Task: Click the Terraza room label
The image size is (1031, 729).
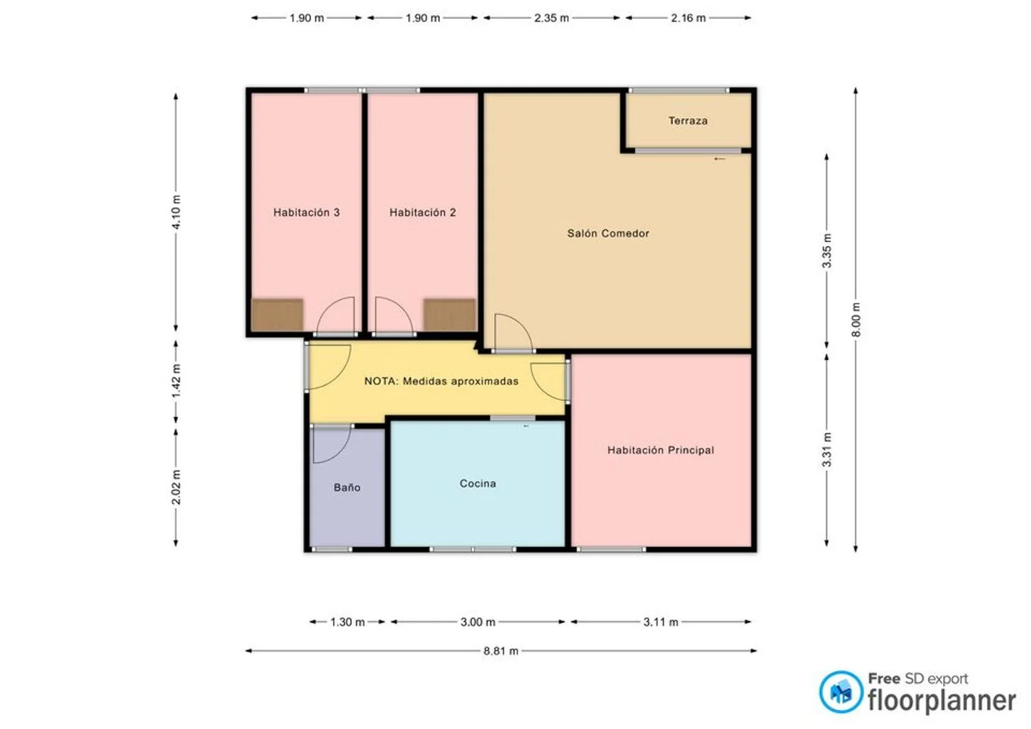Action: (x=687, y=120)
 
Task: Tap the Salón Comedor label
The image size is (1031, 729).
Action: (x=608, y=234)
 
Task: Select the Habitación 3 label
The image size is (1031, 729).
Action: (x=307, y=212)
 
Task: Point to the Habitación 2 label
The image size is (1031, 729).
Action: (x=423, y=212)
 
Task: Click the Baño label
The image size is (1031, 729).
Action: (x=347, y=487)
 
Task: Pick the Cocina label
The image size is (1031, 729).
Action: (x=478, y=483)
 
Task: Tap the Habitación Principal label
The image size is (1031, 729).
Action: (x=661, y=450)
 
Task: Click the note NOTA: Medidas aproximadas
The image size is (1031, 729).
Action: (x=441, y=381)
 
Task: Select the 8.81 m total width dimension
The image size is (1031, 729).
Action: (x=501, y=651)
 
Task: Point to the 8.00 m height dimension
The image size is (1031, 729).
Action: (x=856, y=319)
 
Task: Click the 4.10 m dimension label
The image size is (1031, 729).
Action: (x=176, y=212)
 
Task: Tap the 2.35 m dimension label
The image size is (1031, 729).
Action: (x=551, y=18)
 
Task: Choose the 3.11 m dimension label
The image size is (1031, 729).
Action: (x=661, y=623)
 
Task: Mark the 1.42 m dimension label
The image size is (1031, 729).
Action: (x=176, y=381)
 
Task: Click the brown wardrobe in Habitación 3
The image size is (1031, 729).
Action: (x=277, y=315)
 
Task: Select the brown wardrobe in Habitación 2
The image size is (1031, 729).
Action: (x=450, y=315)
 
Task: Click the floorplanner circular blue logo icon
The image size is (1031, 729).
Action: (x=841, y=692)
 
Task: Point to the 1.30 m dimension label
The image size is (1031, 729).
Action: (x=348, y=623)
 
